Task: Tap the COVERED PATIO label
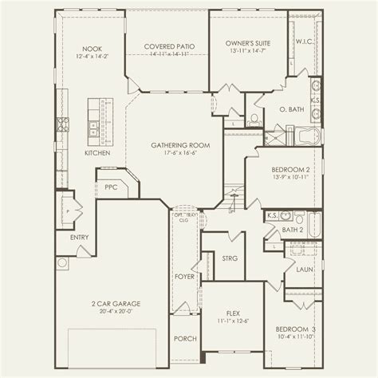pos(165,46)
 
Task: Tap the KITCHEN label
pos(96,152)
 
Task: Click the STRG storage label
pos(229,258)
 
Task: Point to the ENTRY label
pos(80,237)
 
